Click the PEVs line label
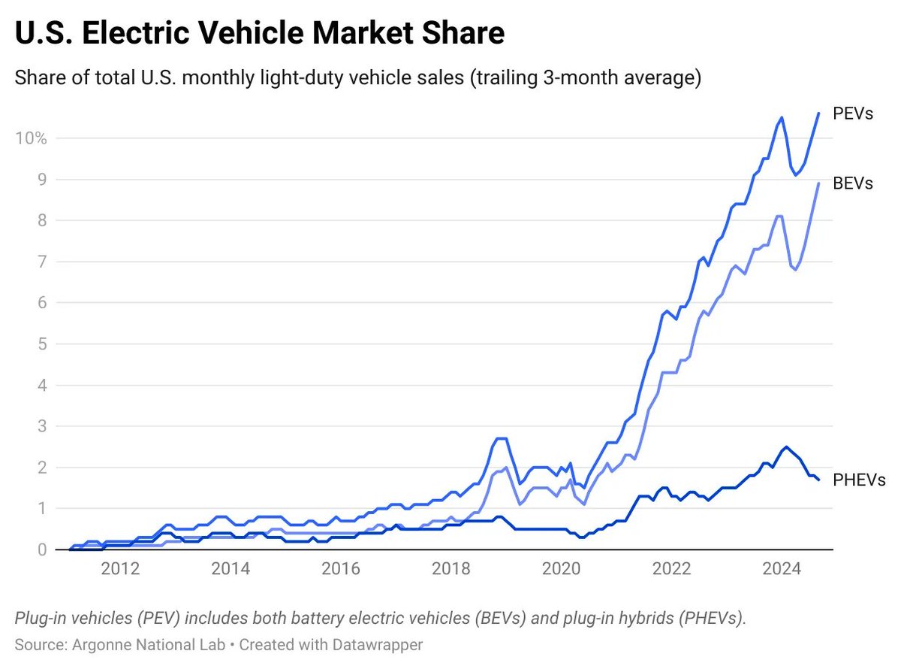tap(853, 114)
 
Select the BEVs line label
tap(853, 183)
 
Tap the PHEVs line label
tap(859, 480)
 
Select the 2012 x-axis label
tap(120, 569)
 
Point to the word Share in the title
tap(459, 35)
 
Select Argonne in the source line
tap(92, 644)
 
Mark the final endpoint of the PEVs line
tap(818, 113)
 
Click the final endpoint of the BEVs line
tap(818, 183)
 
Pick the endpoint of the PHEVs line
tap(818, 480)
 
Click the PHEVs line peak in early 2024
tap(785, 447)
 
